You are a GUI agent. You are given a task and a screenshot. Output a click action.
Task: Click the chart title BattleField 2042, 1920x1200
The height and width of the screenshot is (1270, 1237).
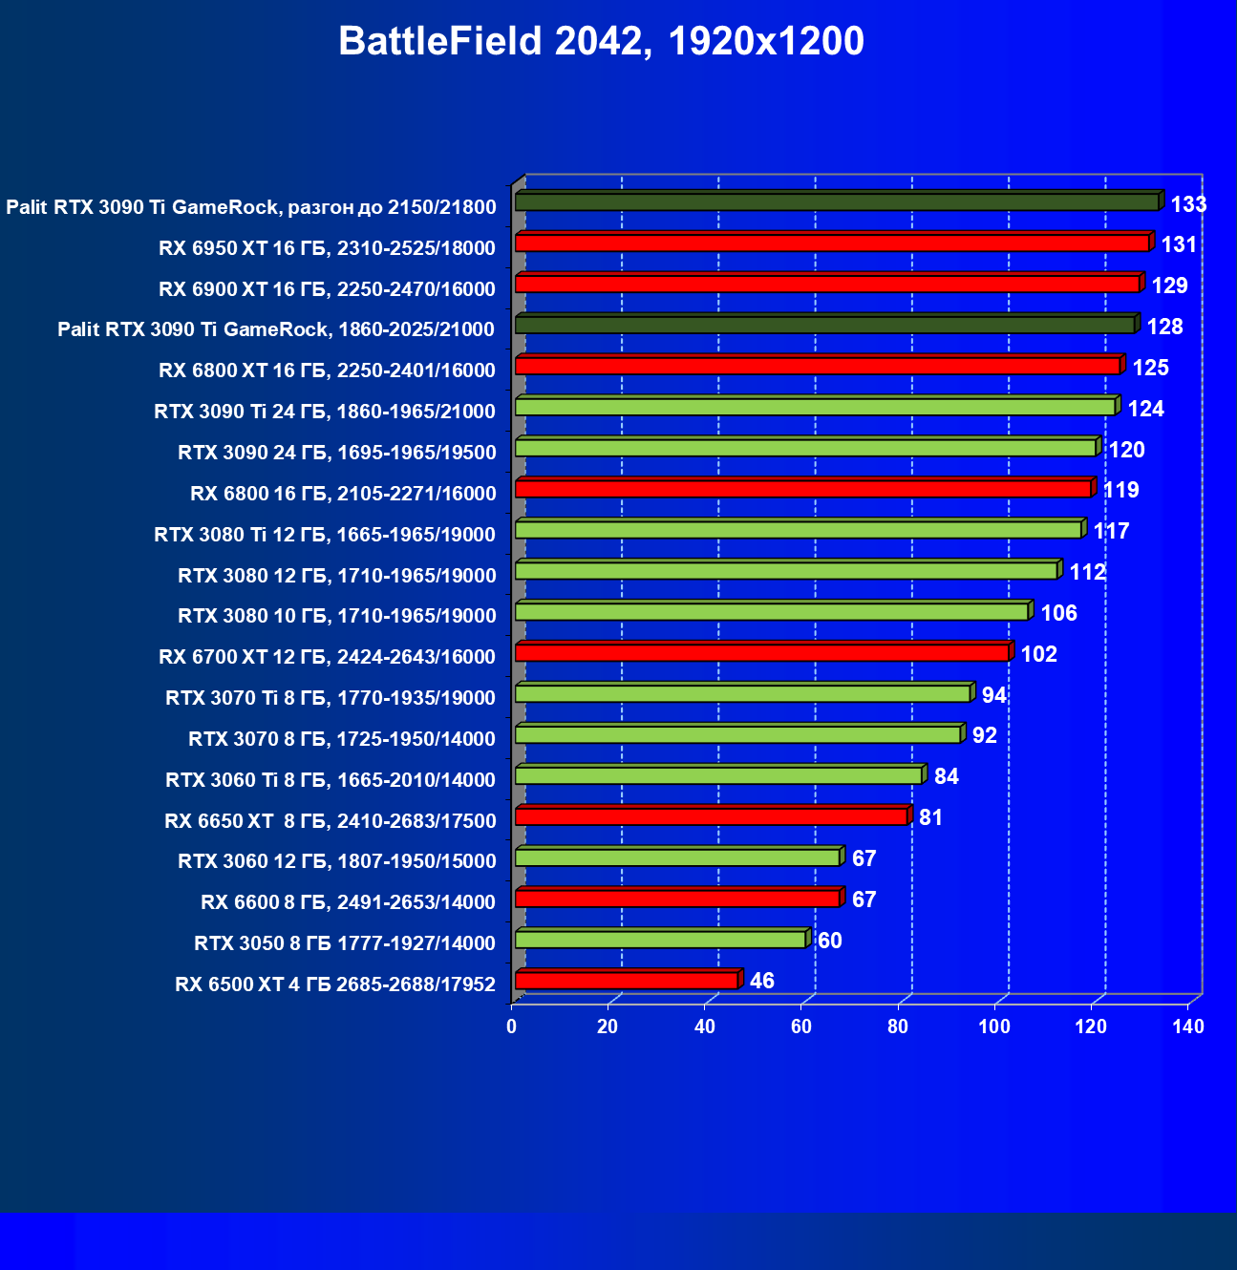point(601,42)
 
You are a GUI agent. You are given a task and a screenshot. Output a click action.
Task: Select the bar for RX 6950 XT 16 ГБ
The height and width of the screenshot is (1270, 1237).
point(831,243)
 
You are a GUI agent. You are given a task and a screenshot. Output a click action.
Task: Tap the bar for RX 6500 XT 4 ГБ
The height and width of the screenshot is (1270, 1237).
point(626,981)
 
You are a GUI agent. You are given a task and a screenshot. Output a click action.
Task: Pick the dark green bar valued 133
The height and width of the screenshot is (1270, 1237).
point(836,202)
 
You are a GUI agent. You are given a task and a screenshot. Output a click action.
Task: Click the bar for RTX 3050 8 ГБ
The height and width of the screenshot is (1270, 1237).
point(659,940)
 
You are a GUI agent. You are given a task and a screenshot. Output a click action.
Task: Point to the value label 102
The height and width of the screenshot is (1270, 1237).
point(1038,654)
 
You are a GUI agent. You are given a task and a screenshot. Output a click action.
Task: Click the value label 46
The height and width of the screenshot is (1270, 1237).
point(761,982)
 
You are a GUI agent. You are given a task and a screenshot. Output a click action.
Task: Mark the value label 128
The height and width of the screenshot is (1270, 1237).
point(1164,327)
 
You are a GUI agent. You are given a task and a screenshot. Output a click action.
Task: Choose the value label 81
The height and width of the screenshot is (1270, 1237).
point(930,817)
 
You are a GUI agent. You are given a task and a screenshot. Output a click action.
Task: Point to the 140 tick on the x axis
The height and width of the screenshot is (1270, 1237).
point(1188,1027)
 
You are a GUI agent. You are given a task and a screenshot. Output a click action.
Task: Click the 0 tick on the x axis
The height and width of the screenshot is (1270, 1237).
point(512,1027)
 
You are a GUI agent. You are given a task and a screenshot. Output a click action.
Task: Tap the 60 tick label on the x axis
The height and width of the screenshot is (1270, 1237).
point(801,1027)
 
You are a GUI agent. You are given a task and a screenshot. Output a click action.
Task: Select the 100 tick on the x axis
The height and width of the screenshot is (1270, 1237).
point(994,1027)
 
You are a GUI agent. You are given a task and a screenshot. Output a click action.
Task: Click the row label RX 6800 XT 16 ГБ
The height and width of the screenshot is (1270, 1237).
point(327,370)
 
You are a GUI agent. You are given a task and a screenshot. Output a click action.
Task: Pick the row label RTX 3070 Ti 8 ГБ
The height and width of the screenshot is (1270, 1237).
point(331,698)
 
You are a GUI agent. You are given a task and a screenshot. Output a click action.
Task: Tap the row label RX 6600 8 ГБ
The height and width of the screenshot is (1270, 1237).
point(348,902)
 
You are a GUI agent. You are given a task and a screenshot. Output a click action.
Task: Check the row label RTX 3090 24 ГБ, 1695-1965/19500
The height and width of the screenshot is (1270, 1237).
point(336,453)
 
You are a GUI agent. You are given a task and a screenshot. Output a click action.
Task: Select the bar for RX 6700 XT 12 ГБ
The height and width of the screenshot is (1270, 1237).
point(761,653)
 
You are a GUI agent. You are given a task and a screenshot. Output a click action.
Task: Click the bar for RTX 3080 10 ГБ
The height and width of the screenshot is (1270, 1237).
point(771,612)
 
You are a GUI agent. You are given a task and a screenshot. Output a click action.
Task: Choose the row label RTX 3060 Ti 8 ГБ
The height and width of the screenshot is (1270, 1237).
point(331,780)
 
